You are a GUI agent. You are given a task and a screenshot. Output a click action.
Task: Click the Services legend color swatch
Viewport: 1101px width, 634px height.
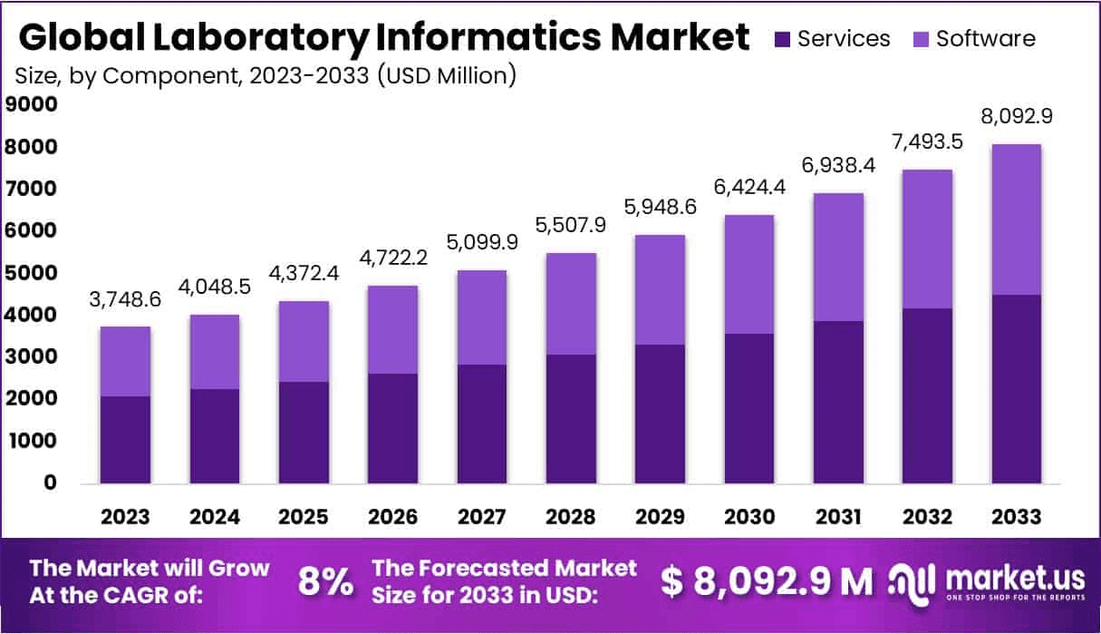(782, 39)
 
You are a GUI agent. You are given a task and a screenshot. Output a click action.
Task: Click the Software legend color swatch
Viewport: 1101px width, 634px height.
(921, 39)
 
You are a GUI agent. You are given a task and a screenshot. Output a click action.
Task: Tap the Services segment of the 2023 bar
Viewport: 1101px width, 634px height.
(125, 439)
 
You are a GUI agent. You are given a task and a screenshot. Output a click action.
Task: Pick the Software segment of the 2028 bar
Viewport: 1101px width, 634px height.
(571, 304)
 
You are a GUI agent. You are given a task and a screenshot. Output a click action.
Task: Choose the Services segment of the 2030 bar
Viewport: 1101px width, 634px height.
(749, 408)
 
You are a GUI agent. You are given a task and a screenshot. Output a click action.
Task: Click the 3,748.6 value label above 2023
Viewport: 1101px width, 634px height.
(125, 300)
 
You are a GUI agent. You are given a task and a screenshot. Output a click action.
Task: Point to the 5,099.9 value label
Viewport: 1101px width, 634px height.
(481, 244)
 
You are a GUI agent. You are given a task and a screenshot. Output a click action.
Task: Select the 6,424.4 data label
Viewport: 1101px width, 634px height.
(749, 189)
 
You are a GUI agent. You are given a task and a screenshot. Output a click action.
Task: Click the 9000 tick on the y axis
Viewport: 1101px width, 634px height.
(32, 104)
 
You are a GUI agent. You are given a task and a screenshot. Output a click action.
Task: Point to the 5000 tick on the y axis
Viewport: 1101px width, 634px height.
(32, 273)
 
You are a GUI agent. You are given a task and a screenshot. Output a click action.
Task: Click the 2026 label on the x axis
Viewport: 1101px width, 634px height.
(392, 517)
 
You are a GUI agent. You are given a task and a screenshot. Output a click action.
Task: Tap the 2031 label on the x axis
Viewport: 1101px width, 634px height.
(838, 517)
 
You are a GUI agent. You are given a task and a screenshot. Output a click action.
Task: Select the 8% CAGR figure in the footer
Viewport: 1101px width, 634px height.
(325, 582)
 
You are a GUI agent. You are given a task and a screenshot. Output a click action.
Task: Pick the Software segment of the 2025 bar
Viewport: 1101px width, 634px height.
(304, 341)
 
